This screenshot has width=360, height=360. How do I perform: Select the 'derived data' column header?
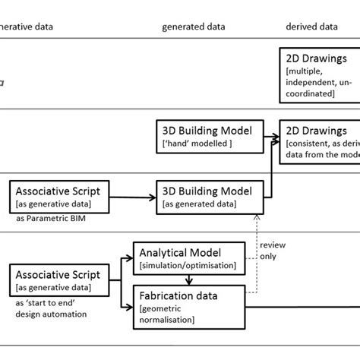311,27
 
